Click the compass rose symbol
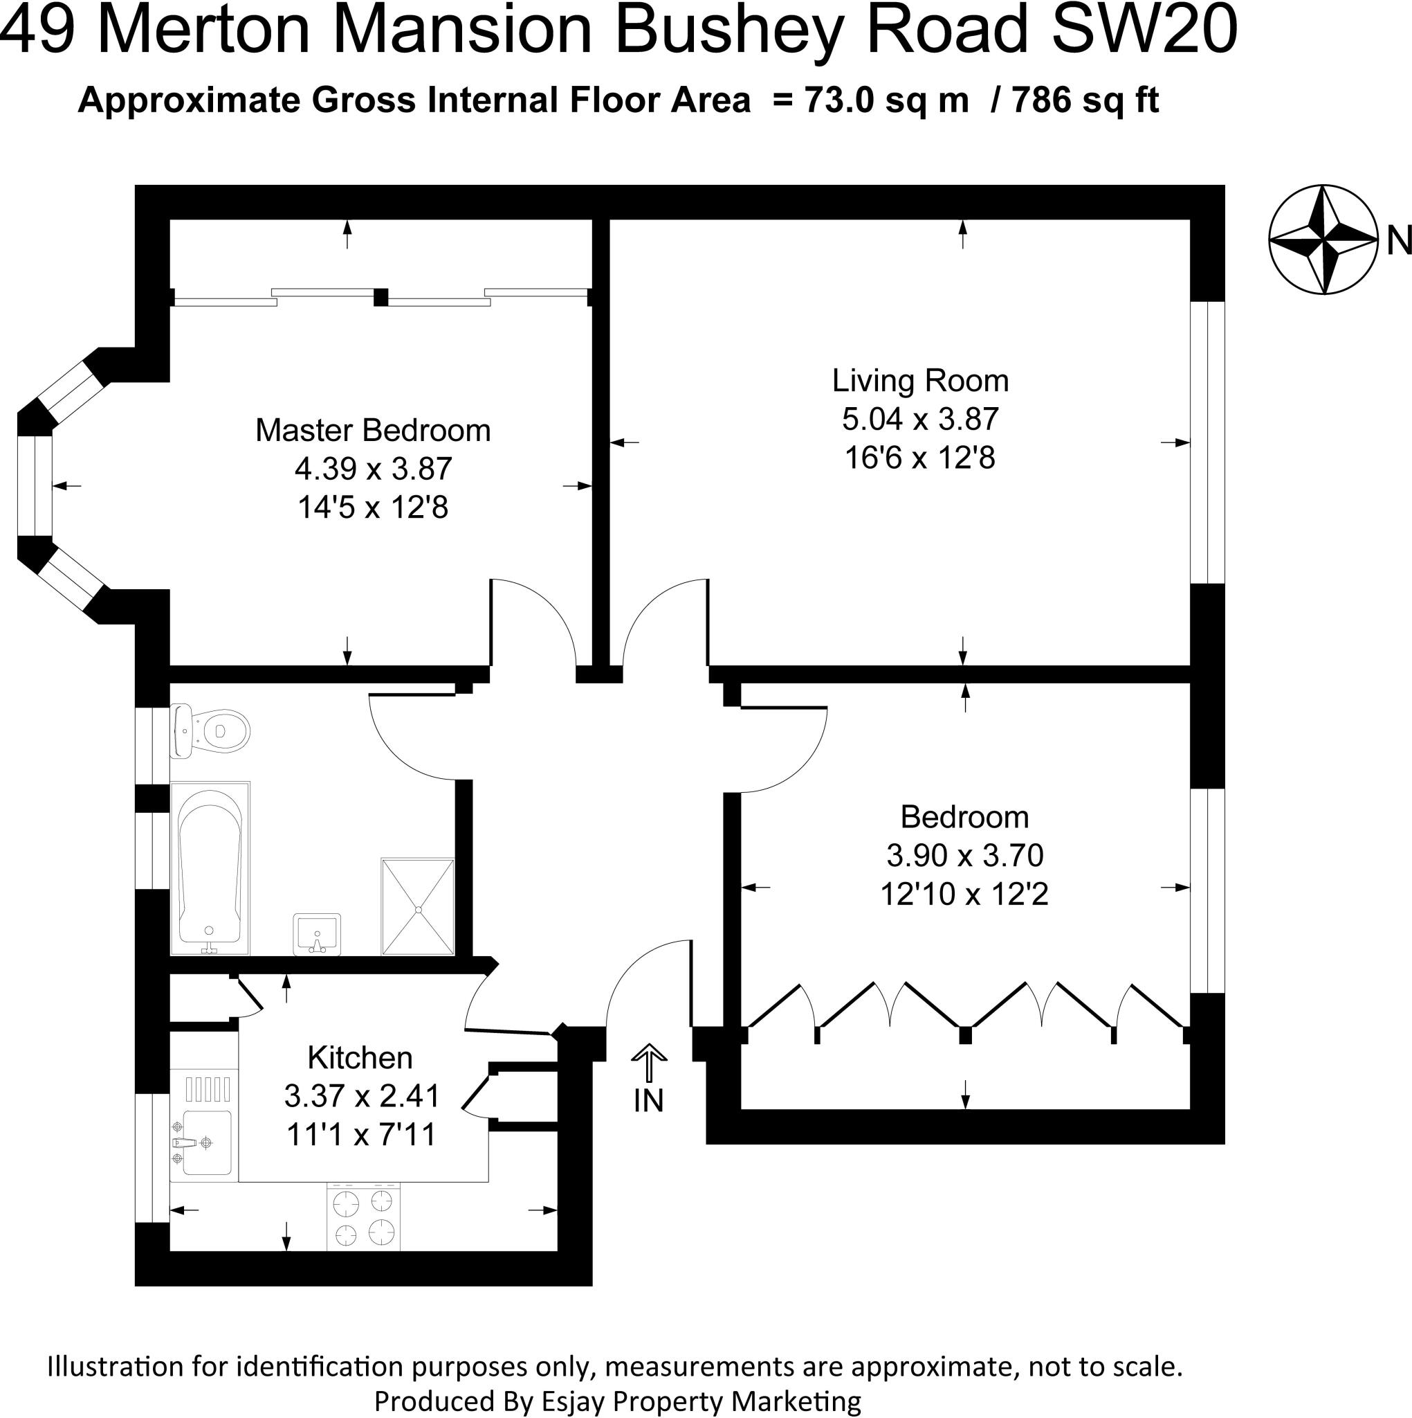pos(1323,240)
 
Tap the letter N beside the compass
pos(1399,241)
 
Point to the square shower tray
pos(417,907)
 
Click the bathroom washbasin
pos(317,934)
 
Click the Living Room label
pos(920,381)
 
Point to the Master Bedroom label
pos(373,431)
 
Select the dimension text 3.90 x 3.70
pos(964,855)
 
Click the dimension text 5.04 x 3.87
pos(920,420)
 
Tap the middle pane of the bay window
pos(35,486)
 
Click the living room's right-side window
pos(1207,442)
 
